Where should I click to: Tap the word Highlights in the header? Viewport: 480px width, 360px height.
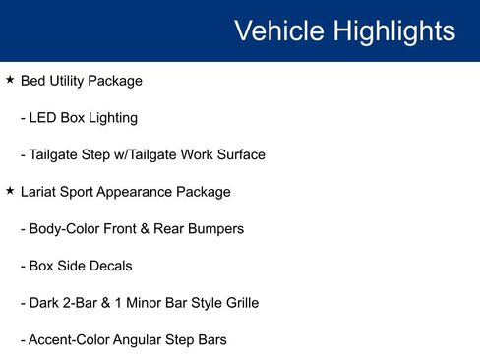[393, 31]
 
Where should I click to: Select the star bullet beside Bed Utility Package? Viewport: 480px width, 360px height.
[10, 80]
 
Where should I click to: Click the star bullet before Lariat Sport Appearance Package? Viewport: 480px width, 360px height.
[10, 191]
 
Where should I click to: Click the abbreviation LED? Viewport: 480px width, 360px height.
[42, 118]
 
